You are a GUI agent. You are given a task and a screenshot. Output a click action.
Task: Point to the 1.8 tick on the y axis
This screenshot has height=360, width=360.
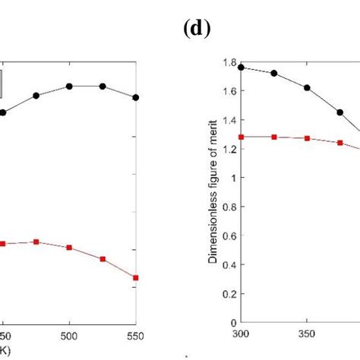click(229, 62)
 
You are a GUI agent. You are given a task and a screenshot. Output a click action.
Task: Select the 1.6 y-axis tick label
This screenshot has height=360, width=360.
click(229, 91)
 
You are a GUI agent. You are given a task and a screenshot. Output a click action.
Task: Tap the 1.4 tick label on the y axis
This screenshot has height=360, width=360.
click(229, 120)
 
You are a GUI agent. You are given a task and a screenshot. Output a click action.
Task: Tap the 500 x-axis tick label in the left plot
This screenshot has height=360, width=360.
click(69, 334)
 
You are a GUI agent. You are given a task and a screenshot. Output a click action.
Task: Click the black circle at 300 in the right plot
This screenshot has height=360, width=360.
click(241, 67)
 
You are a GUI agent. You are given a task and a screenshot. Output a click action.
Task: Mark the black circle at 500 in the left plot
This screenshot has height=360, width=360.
click(69, 86)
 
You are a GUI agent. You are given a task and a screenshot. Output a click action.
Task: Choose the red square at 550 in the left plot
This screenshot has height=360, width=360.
click(136, 278)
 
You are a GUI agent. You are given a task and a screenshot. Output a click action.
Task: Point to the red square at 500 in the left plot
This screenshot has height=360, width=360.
click(69, 248)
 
